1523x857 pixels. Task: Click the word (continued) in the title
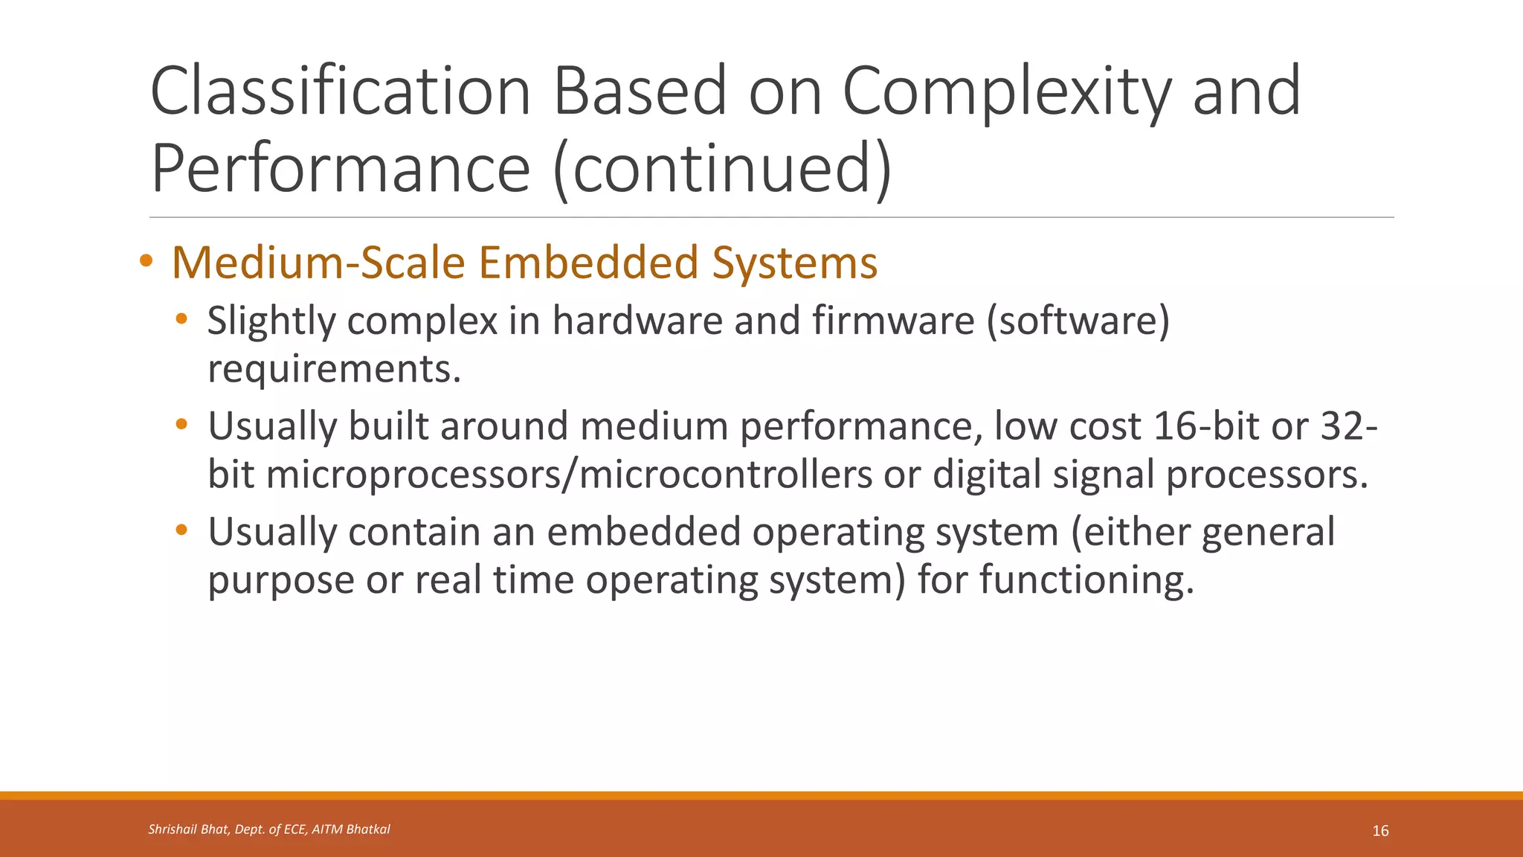pyautogui.click(x=722, y=170)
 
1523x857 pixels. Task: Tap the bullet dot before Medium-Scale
pyautogui.click(x=146, y=261)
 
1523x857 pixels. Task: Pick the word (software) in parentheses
pyautogui.click(x=1078, y=321)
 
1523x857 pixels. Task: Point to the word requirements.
pyautogui.click(x=334, y=369)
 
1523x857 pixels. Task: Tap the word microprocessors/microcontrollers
pyautogui.click(x=569, y=475)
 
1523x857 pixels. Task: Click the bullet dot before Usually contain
pyautogui.click(x=181, y=531)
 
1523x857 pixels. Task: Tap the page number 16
pyautogui.click(x=1380, y=831)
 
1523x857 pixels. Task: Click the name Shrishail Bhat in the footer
pyautogui.click(x=188, y=829)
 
